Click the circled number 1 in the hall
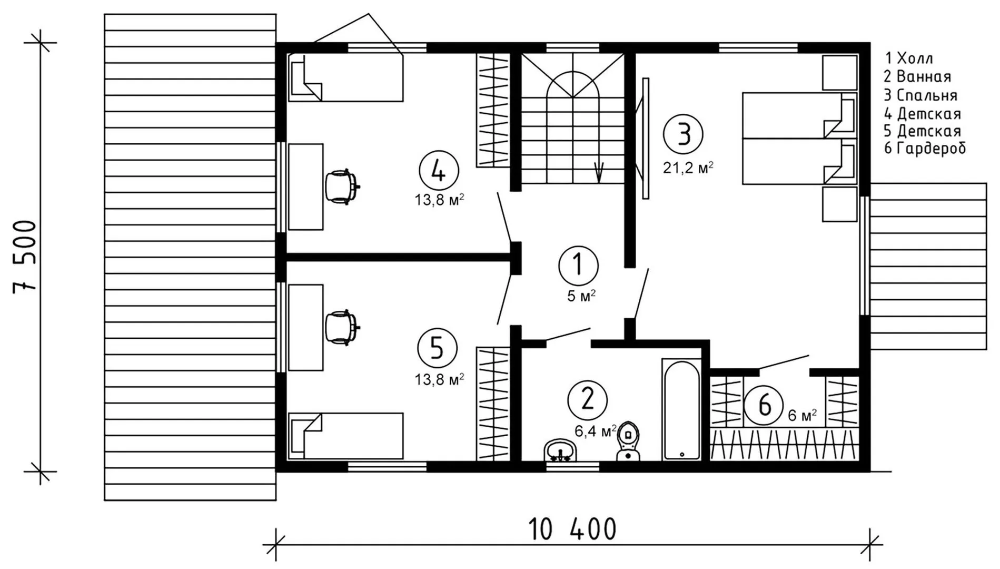(x=578, y=265)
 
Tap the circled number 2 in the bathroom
(x=587, y=400)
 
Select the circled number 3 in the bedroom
(x=684, y=134)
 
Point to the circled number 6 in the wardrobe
(x=764, y=406)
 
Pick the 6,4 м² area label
(x=596, y=432)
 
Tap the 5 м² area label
(x=581, y=296)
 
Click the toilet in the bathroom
(x=627, y=442)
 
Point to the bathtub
(x=681, y=409)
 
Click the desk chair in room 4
(x=342, y=186)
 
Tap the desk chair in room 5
(x=342, y=327)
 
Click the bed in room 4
(x=346, y=77)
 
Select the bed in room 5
(x=346, y=436)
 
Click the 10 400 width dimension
(x=572, y=529)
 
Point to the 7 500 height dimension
(x=25, y=256)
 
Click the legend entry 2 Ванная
(x=917, y=77)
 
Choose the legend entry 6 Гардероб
(x=925, y=149)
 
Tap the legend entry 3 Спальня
(x=920, y=95)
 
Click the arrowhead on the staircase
(x=599, y=172)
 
